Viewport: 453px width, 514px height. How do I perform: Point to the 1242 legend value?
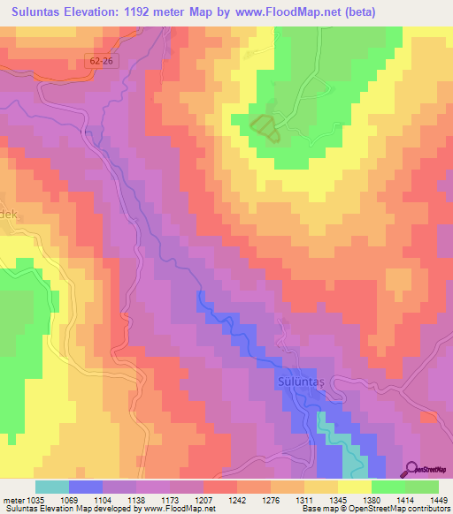(x=237, y=499)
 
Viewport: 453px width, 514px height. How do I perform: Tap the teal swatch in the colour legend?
(x=52, y=487)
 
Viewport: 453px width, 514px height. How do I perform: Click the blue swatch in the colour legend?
(x=86, y=487)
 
